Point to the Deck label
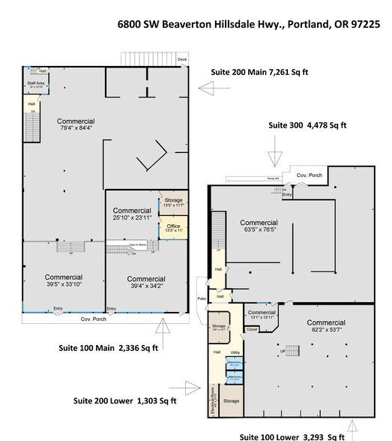[181, 58]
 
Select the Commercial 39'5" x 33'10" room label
[63, 280]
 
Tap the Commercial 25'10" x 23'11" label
[132, 214]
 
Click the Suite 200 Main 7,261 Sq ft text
[266, 72]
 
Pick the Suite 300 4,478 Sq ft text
[307, 126]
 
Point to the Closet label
[252, 328]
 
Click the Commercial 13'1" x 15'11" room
[262, 315]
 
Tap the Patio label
[201, 298]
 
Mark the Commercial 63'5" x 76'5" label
[259, 226]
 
